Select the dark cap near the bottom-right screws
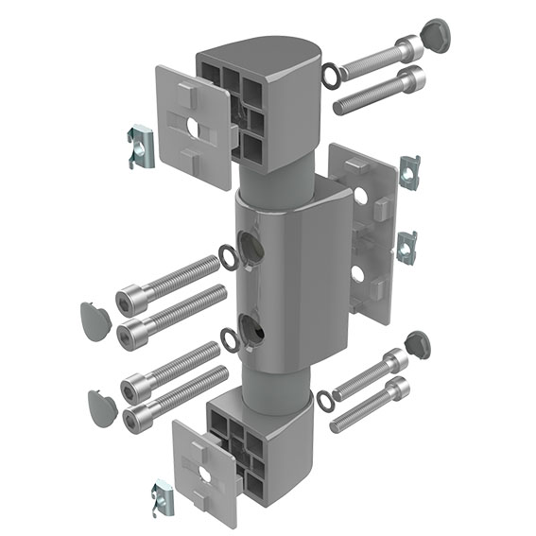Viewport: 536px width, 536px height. point(418,345)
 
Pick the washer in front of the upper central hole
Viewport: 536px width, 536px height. point(229,255)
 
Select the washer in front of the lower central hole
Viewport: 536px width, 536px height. point(228,337)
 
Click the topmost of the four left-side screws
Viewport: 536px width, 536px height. point(170,285)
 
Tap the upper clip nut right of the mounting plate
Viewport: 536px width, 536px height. point(408,170)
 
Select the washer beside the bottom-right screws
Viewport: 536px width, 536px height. point(323,401)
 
